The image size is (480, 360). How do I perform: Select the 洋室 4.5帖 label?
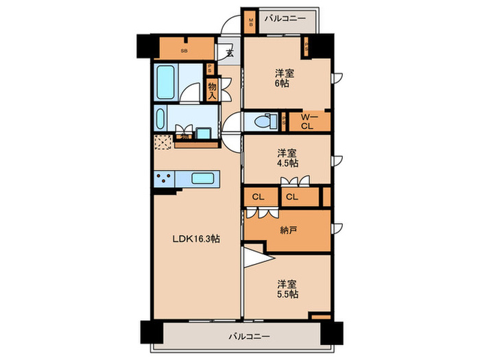coord(287,158)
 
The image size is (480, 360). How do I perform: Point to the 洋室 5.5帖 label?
coord(287,288)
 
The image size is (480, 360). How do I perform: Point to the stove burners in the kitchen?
coord(165,179)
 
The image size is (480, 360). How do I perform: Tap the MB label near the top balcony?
coord(251,24)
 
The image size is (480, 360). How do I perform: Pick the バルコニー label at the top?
coord(287,19)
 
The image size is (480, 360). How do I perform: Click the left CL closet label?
coord(258,197)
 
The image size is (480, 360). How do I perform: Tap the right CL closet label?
coord(291,197)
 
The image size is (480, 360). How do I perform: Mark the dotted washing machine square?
coord(164,141)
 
